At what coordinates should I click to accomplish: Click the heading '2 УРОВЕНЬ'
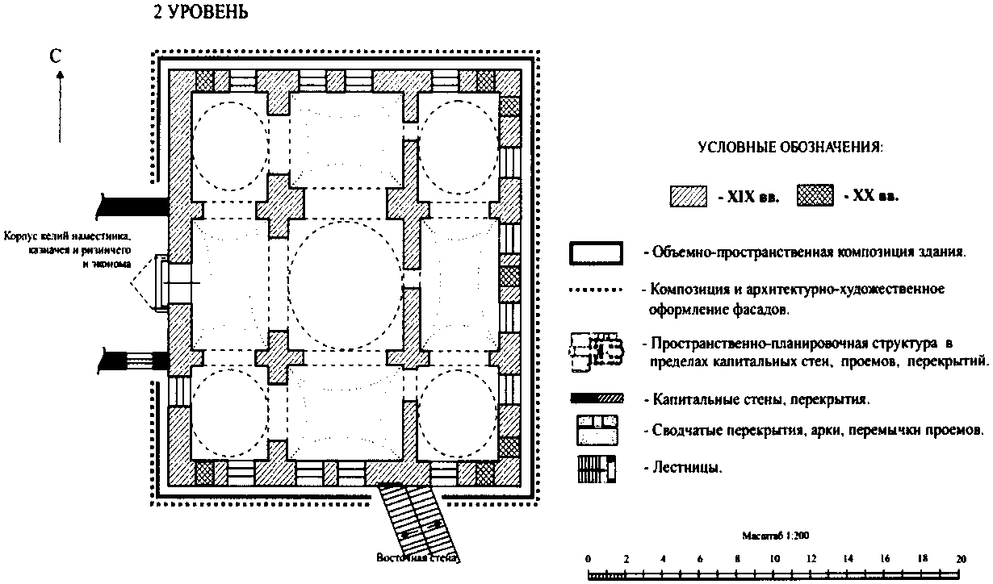200,14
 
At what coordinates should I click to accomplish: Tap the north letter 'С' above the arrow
55,56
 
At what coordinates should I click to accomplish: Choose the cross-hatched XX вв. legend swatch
815,196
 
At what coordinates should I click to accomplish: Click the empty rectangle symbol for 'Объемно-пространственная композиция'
597,252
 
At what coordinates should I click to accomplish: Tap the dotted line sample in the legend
597,288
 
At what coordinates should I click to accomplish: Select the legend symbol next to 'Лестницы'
597,469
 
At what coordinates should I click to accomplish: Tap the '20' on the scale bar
960,558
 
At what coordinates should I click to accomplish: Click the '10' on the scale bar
774,558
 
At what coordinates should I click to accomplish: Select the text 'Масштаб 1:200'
774,534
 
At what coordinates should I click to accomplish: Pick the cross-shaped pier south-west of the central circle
279,358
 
